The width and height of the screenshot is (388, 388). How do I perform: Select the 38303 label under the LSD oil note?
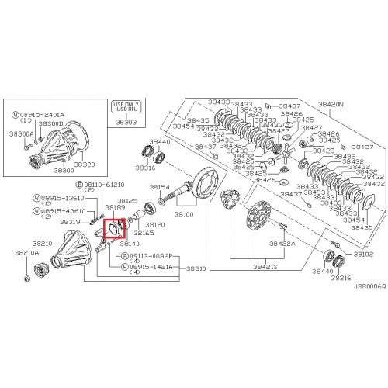click(x=125, y=122)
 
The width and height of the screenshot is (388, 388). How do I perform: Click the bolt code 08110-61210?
click(x=103, y=185)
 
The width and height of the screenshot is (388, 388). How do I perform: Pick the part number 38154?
click(x=160, y=187)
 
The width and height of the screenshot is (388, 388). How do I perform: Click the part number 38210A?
click(x=26, y=253)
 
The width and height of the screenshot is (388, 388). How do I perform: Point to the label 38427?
click(x=311, y=128)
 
